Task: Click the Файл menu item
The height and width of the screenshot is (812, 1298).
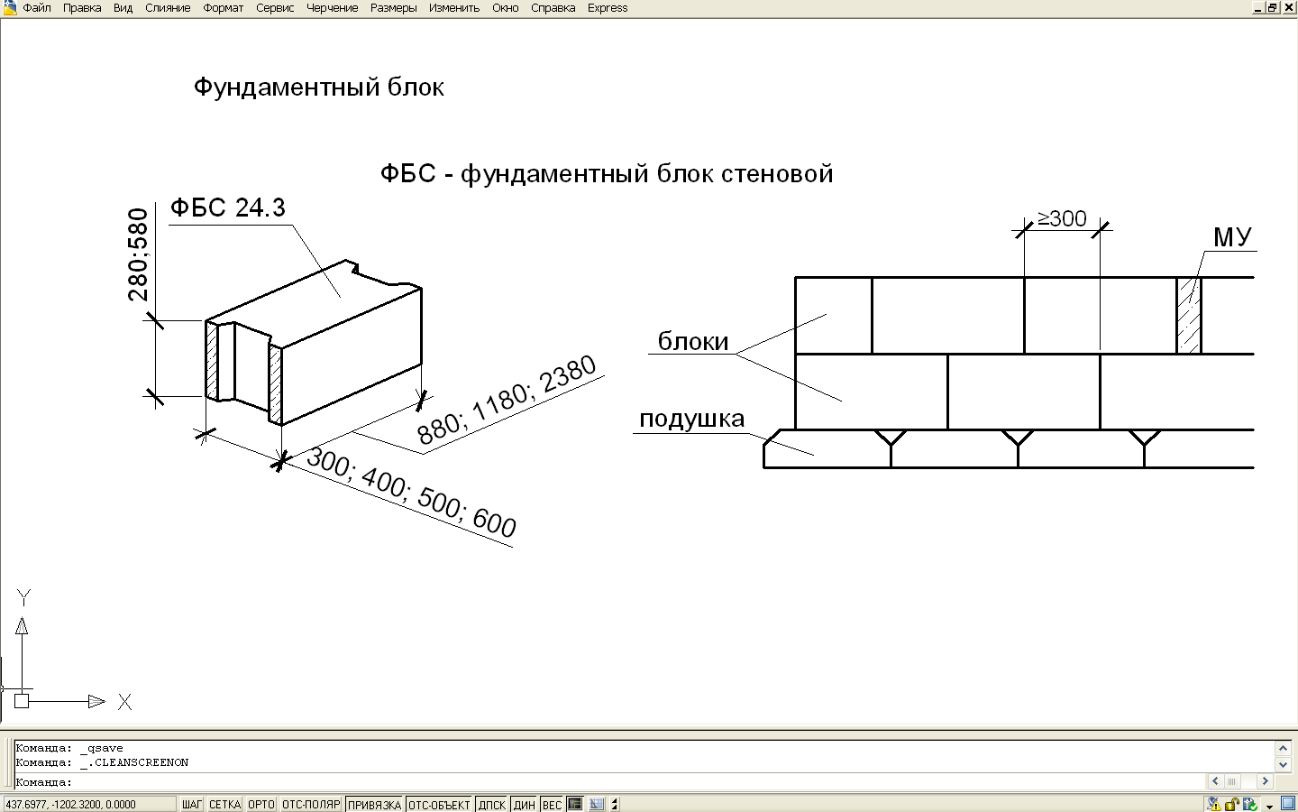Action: (36, 8)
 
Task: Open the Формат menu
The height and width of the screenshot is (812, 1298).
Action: (223, 8)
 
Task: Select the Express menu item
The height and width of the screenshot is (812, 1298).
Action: (608, 8)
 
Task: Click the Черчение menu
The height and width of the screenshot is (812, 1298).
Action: (332, 8)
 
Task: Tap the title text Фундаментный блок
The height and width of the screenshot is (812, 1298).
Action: (318, 88)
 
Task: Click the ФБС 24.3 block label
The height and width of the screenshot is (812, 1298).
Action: (228, 208)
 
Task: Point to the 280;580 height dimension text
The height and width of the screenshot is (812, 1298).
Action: (138, 254)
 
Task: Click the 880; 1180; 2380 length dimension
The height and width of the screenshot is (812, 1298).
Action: (507, 400)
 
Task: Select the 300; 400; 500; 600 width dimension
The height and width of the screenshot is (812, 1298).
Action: (411, 492)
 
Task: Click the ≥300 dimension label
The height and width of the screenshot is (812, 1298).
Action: (1062, 219)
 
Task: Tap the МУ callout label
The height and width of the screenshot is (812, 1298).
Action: (1232, 237)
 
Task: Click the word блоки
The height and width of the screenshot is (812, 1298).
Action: (692, 342)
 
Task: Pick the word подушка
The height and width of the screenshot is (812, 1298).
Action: (691, 420)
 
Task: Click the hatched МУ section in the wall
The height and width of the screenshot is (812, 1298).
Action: (1189, 315)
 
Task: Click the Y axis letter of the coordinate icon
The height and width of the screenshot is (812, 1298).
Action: (23, 597)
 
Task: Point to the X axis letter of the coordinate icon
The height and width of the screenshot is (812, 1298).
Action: (124, 702)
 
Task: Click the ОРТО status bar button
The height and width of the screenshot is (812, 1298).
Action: (261, 805)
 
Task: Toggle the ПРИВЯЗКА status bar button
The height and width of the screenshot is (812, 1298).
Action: (374, 805)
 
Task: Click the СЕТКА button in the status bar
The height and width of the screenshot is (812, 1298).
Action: (224, 805)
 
